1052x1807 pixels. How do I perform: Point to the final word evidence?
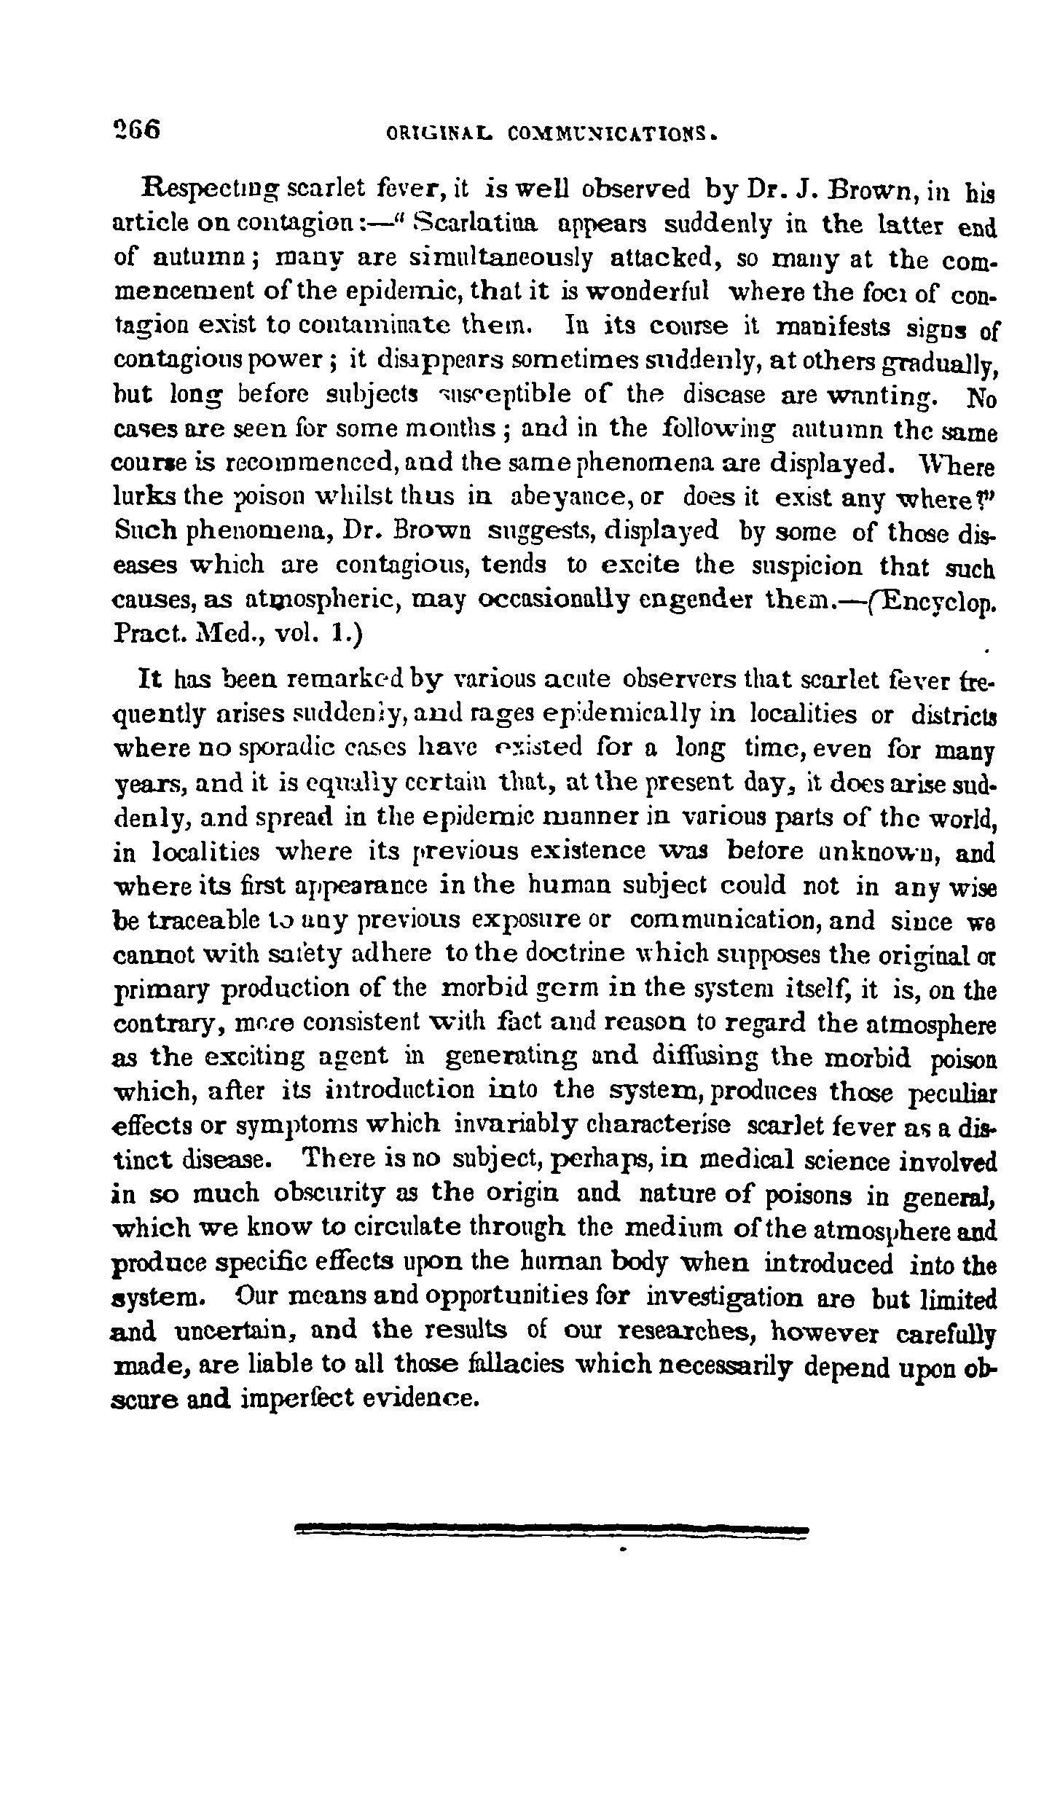pyautogui.click(x=413, y=1398)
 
